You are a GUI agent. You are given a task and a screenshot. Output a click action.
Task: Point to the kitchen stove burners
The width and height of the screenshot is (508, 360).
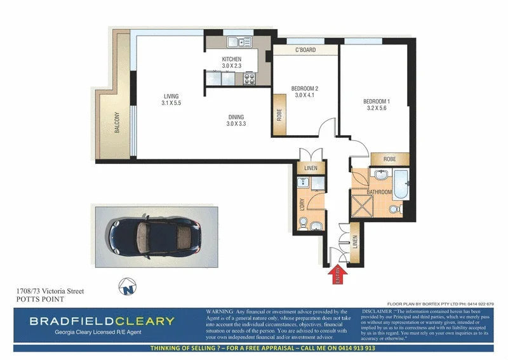coord(249,79)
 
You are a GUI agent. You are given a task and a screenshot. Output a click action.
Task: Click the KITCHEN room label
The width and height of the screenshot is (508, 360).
coord(232,59)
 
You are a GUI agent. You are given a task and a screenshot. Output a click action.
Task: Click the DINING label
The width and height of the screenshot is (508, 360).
coord(236,116)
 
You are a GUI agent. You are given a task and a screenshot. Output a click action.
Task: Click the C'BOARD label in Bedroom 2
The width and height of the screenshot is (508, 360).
coord(306,50)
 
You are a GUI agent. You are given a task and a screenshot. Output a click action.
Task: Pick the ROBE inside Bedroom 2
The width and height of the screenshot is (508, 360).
coord(279,115)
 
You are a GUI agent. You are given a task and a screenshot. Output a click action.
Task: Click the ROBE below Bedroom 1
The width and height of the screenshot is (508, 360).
coord(390,159)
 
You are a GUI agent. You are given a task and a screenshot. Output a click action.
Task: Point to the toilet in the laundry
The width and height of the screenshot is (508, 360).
coord(304,224)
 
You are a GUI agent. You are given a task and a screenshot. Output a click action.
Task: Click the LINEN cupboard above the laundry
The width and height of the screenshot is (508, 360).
coord(311,168)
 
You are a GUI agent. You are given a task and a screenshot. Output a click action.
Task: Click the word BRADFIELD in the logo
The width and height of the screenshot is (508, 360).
coord(70,321)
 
